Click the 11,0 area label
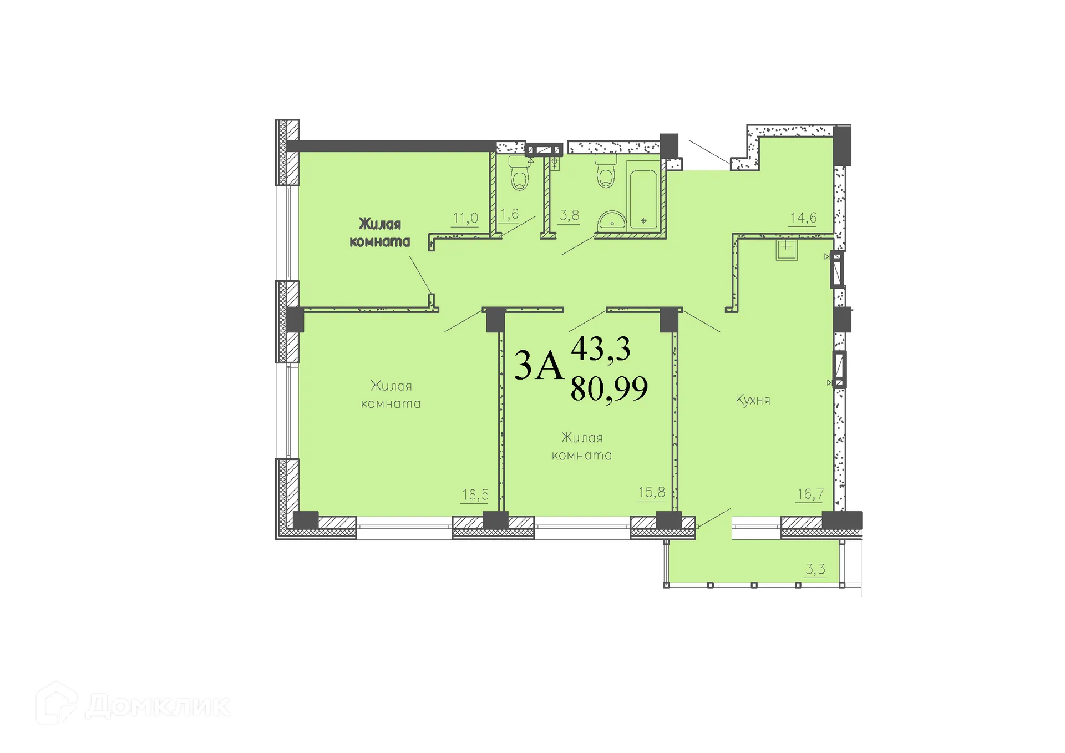click(x=465, y=218)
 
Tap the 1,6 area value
click(x=509, y=214)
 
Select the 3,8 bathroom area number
click(x=569, y=215)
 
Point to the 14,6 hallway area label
click(x=803, y=218)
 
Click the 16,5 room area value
click(x=475, y=494)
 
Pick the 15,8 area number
click(x=651, y=492)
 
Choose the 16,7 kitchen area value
click(x=810, y=493)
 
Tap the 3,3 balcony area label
click(x=815, y=569)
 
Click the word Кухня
click(x=753, y=400)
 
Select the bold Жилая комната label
click(x=380, y=233)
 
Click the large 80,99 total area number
click(x=609, y=388)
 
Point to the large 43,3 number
click(x=601, y=349)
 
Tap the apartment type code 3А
click(x=539, y=366)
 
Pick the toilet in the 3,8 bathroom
click(x=606, y=171)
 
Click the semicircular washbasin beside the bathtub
click(x=612, y=221)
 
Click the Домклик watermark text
click(x=158, y=706)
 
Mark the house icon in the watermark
click(x=57, y=704)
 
